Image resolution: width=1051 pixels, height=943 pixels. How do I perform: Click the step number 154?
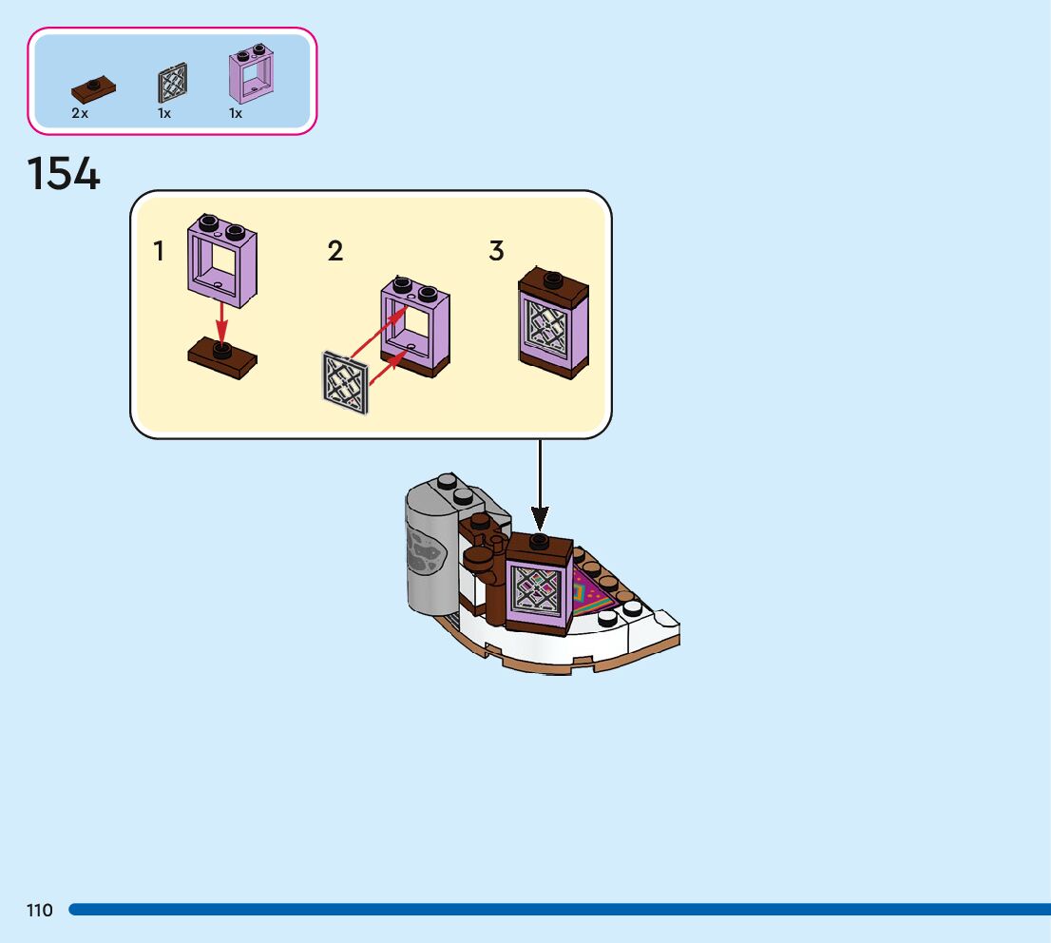(x=64, y=174)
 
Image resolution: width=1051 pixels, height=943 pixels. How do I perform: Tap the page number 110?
(x=40, y=910)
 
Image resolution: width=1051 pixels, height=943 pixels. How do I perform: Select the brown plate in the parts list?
(x=93, y=90)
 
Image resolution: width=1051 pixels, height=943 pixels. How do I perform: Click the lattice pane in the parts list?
(x=172, y=83)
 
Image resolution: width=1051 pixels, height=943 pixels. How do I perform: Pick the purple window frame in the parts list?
(x=252, y=74)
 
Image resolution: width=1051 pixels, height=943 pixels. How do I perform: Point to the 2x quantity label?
(x=80, y=113)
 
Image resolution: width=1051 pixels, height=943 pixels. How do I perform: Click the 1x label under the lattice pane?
(x=164, y=113)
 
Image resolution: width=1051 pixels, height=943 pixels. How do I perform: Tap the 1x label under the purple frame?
(x=236, y=113)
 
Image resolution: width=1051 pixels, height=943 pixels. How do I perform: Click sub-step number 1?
(x=159, y=252)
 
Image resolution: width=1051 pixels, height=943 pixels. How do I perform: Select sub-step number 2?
(x=335, y=252)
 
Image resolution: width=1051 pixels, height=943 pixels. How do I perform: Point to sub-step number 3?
(x=496, y=252)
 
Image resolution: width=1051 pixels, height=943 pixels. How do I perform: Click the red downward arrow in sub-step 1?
(x=221, y=323)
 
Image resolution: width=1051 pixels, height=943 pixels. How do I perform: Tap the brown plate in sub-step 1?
(x=222, y=358)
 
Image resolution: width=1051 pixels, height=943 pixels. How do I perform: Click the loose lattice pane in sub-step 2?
(x=345, y=381)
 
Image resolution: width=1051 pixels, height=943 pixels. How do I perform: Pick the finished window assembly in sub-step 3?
(x=554, y=324)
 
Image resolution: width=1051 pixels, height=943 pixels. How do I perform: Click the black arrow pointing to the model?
(x=540, y=484)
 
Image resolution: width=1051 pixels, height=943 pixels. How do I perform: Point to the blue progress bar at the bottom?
(x=560, y=910)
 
